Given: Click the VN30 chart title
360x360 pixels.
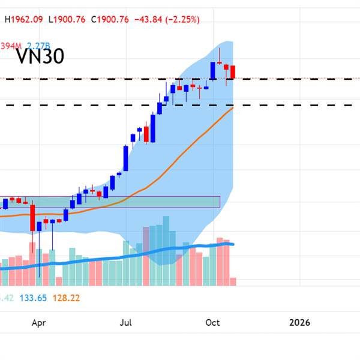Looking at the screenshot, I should [40, 56].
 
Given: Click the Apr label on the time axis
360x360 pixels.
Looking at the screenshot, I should [38, 323].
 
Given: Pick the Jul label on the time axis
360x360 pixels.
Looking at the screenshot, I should [125, 323].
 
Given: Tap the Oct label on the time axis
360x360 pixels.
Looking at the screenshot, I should [212, 323].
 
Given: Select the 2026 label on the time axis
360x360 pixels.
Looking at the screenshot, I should [299, 323].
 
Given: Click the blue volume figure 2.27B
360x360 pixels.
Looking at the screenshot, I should [37, 44].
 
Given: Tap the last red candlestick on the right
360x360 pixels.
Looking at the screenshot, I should [233, 71].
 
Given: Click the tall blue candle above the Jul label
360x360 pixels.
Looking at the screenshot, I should [125, 159].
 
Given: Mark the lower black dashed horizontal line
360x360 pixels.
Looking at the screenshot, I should [288, 105].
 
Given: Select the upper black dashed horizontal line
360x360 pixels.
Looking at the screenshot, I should [288, 79].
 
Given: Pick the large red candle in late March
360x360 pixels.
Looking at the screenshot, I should [32, 217].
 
